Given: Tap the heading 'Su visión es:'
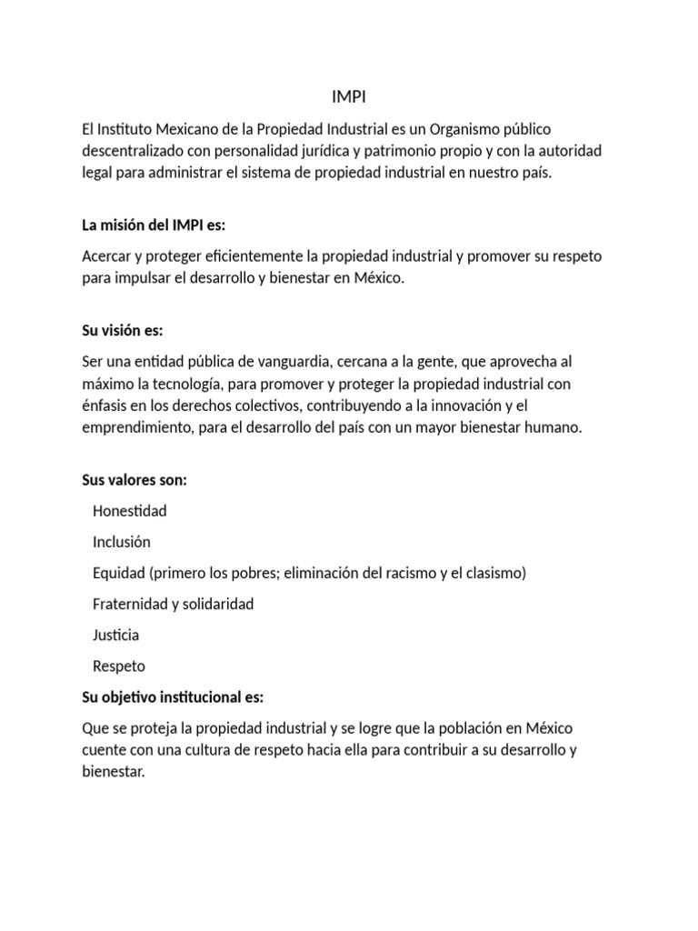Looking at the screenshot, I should click(x=122, y=331).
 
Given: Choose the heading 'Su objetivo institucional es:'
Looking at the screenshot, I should click(x=172, y=697).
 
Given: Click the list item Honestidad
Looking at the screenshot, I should click(x=130, y=511).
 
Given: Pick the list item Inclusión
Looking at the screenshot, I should click(x=122, y=542).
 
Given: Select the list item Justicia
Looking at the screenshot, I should click(x=116, y=635).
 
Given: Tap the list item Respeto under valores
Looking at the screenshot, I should click(x=119, y=666).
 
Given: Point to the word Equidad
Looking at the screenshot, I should click(x=119, y=573).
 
